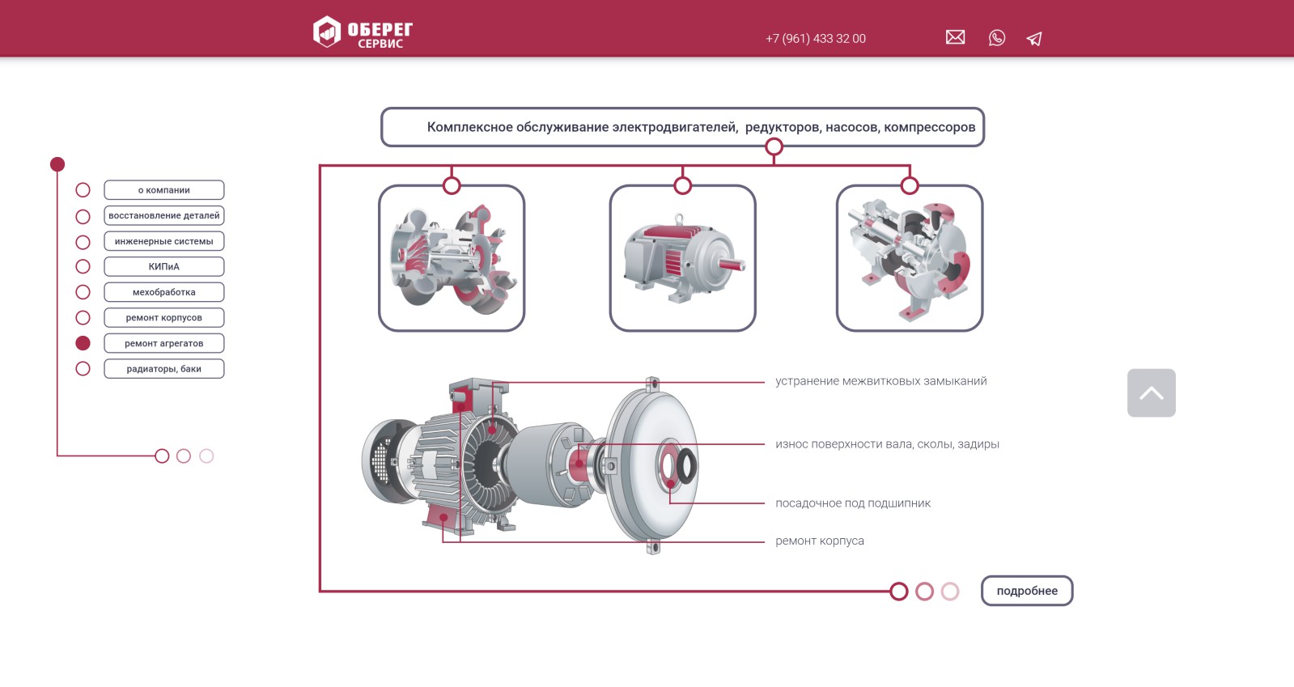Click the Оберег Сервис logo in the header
pos(363,32)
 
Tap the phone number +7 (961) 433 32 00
pos(815,39)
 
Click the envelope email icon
pos(955,37)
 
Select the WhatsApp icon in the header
pos(996,38)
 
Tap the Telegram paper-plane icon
pos(1034,39)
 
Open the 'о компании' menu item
pos(164,190)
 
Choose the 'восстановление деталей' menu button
pos(164,215)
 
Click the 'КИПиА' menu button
pos(164,266)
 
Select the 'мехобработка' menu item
pos(164,292)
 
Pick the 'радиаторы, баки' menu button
pos(164,369)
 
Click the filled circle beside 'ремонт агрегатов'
pos(83,343)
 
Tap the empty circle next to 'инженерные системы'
pos(83,242)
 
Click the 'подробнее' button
pos(1026,591)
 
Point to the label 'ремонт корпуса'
pos(819,541)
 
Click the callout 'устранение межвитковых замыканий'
pos(881,381)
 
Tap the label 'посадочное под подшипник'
pos(853,503)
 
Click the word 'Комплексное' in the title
pos(469,127)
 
